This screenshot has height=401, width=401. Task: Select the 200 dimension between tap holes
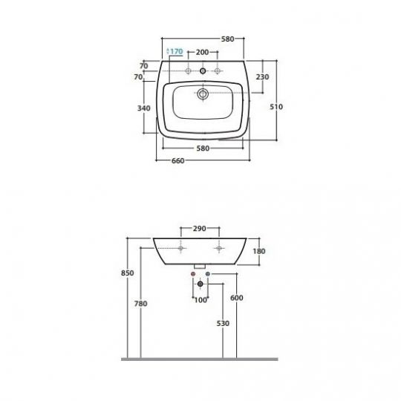[202, 52]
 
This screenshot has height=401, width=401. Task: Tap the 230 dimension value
[262, 76]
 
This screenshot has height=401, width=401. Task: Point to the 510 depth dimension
[276, 107]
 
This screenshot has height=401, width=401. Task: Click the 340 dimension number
[144, 108]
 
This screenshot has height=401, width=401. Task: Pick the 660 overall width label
[177, 161]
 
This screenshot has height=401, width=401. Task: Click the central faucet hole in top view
[203, 71]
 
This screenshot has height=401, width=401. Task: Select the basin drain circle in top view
[203, 94]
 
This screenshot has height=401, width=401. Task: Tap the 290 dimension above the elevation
[200, 229]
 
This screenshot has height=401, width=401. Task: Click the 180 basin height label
[259, 251]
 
